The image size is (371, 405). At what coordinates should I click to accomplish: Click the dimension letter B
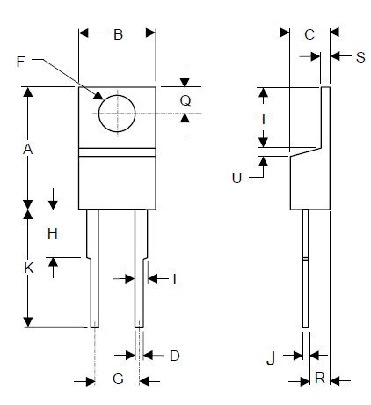pos(118,35)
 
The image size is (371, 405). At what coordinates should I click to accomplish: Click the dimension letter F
pos(22,61)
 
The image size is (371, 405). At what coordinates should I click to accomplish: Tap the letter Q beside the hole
pos(185,100)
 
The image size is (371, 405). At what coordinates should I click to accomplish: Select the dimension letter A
pos(27,150)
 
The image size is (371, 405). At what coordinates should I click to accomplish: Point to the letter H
pos(53,233)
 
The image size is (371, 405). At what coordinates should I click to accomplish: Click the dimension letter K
pos(27,269)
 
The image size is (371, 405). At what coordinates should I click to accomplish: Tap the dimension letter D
pos(174,356)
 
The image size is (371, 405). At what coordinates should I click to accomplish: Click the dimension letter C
pos(309,35)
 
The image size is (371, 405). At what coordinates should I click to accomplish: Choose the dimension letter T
pos(263,118)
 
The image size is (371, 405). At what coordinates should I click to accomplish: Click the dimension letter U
pos(236,177)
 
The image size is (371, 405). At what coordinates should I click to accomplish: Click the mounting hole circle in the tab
pos(117,113)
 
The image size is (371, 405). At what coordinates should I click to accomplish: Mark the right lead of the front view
pos(140,273)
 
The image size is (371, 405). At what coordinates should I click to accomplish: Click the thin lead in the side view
pos(305,269)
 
